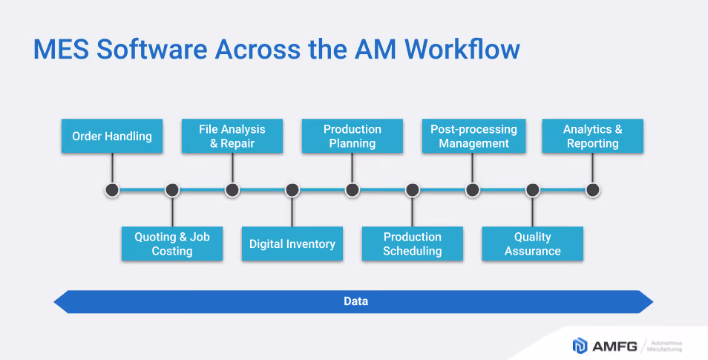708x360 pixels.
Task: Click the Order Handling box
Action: point(112,137)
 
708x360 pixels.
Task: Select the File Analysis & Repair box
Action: point(232,137)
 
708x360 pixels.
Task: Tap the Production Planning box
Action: point(353,137)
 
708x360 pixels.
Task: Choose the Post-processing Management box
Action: point(473,137)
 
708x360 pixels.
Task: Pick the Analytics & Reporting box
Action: point(593,137)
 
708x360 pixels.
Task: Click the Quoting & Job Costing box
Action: point(172,244)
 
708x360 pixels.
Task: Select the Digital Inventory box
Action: point(292,244)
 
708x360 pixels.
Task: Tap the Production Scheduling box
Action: point(413,244)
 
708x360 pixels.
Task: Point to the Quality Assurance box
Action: point(533,244)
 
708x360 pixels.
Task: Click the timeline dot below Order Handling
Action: point(112,190)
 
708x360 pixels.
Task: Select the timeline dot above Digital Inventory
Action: point(292,190)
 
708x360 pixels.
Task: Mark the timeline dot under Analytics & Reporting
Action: point(593,190)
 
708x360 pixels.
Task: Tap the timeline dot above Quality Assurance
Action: point(533,190)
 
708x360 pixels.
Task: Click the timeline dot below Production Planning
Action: point(353,190)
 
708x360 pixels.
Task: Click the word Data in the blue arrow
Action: point(355,301)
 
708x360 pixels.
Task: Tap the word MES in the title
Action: point(60,49)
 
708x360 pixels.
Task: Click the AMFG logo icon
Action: point(580,345)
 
